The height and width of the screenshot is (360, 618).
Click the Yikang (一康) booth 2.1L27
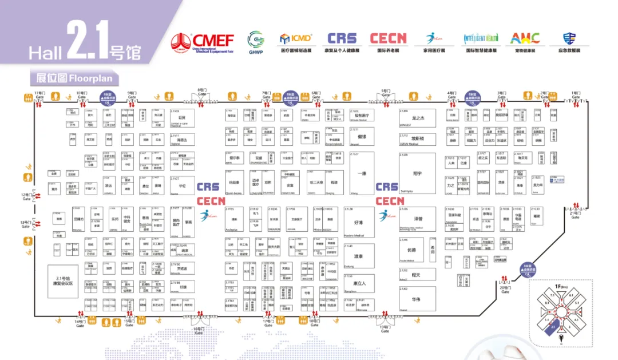coord(360,175)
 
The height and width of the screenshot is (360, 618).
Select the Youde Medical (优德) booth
coord(411,250)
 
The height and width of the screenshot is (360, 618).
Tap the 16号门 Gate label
coord(199,330)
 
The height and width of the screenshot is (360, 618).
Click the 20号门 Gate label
coord(505,289)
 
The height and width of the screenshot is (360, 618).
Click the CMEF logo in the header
coord(203,42)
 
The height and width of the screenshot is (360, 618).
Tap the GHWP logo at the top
coord(256,41)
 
